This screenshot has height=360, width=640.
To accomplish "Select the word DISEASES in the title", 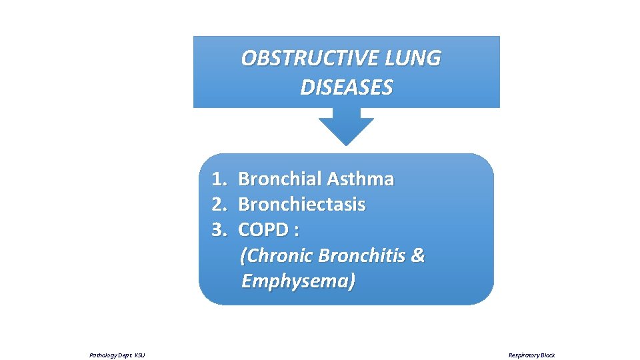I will coord(346,87).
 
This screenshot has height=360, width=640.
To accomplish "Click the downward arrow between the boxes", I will coord(346,130).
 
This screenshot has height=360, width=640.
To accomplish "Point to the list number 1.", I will coord(219,179).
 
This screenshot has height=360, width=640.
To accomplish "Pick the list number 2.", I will coord(219,205).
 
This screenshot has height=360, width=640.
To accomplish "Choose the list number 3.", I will coord(219,230).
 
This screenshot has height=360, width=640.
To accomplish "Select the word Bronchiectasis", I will coord(301,205).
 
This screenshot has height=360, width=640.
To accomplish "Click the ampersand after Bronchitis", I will coord(418,256).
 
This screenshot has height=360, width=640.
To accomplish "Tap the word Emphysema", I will coord(297,281).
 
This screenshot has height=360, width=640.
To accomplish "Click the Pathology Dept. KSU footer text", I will coord(117,355).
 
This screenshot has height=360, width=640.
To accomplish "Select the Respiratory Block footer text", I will coord(531,355).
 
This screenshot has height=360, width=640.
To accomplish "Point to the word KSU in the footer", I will coord(139,355).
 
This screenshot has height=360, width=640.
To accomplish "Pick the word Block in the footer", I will coord(547,355).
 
